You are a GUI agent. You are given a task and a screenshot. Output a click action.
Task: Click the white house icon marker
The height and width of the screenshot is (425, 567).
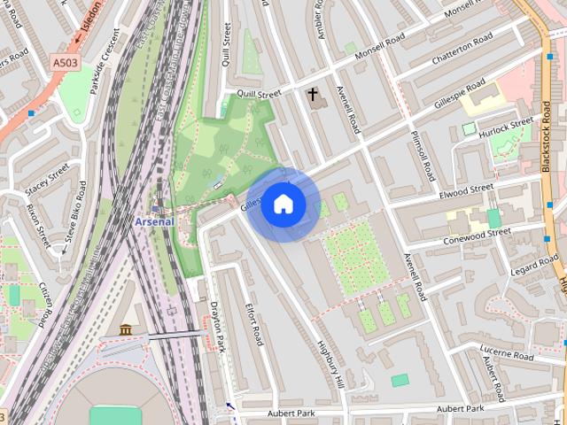click(x=283, y=205)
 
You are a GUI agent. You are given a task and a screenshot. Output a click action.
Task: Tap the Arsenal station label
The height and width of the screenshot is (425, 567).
click(x=154, y=221)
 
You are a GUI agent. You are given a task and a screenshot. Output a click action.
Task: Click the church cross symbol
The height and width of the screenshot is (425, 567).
click(x=313, y=93)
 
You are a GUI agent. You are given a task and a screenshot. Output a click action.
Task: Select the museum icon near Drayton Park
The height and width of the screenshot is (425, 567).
click(x=125, y=330)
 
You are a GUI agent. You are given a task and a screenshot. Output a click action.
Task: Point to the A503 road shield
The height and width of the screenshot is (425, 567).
click(x=65, y=63)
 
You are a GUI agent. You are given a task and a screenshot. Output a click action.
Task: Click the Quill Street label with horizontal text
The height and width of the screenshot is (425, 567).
click(x=257, y=93)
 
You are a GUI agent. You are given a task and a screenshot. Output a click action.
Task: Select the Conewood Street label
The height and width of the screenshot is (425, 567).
click(x=480, y=234)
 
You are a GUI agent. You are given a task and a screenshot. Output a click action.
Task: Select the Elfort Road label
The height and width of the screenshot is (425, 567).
click(x=254, y=323)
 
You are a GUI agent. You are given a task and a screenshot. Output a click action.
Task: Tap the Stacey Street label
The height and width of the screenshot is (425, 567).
click(x=47, y=177)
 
